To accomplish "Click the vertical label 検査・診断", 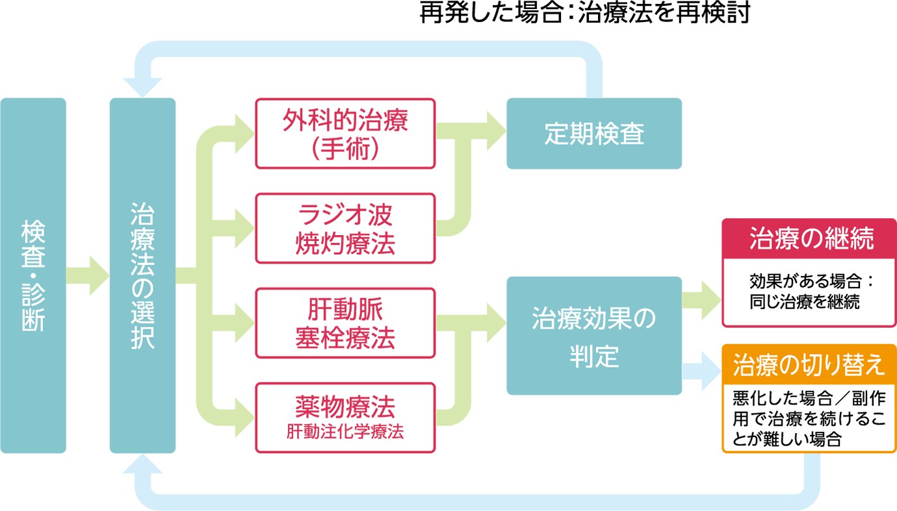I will (x=32, y=276).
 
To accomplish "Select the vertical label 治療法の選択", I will (x=142, y=276).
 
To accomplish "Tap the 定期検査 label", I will (x=594, y=134).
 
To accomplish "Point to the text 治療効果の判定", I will (x=594, y=338).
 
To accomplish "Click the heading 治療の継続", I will (x=812, y=238).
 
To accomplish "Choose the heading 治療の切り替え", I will (x=809, y=366).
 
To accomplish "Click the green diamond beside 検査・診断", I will (x=88, y=275).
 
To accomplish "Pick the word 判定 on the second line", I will (x=594, y=356).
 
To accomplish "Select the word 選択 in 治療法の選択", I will (x=142, y=329).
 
